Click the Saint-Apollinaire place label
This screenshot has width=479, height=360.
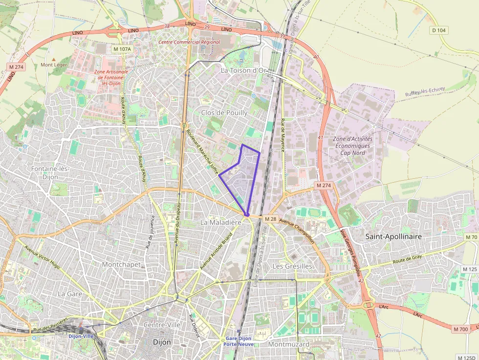pyautogui.click(x=393, y=236)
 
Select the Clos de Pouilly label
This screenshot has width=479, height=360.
pyautogui.click(x=224, y=112)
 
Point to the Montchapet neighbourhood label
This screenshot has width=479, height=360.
pyautogui.click(x=121, y=264)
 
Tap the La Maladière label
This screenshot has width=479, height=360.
pyautogui.click(x=221, y=222)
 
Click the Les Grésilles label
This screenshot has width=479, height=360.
pyautogui.click(x=292, y=266)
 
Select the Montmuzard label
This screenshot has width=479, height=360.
pyautogui.click(x=289, y=344)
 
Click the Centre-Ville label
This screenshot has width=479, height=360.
pyautogui.click(x=162, y=325)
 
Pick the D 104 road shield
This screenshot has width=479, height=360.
pyautogui.click(x=439, y=30)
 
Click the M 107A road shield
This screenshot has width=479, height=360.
pyautogui.click(x=122, y=49)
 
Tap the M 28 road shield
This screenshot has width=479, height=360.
pyautogui.click(x=271, y=219)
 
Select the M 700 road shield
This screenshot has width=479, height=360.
pyautogui.click(x=460, y=329)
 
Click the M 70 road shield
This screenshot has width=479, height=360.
pyautogui.click(x=471, y=237)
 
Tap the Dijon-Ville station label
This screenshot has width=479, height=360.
pyautogui.click(x=81, y=336)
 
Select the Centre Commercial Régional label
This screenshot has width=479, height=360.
pyautogui.click(x=189, y=42)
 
